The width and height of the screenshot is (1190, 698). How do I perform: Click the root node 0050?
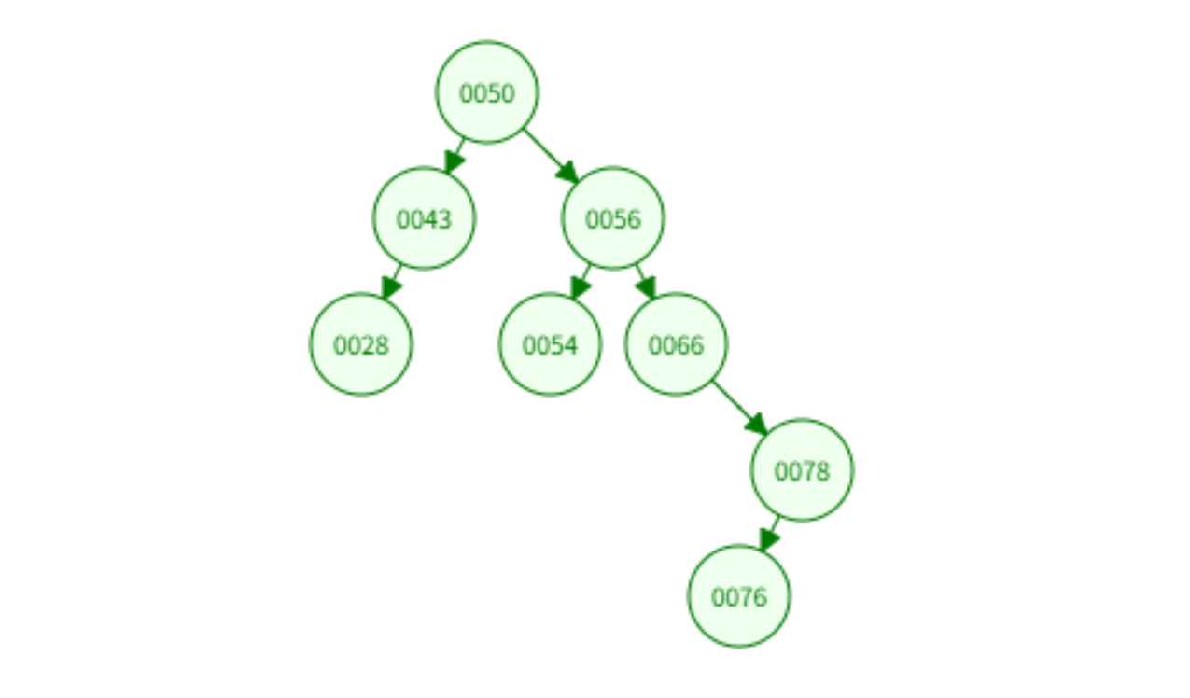coord(487,92)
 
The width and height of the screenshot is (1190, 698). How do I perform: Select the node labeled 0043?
coord(424,218)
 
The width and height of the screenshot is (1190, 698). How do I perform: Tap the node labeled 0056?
coord(613,218)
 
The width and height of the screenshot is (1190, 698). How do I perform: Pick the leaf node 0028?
coord(361,344)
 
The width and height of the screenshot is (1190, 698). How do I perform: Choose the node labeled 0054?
coord(550,344)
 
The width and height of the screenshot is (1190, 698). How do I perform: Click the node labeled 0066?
coord(676,344)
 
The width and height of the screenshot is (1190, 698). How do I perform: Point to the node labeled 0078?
coord(802,470)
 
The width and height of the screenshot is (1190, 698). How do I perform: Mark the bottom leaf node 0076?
coord(739,596)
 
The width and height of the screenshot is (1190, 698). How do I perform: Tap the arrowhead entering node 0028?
coord(389,288)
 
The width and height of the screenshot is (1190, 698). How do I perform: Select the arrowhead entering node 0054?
coord(579,288)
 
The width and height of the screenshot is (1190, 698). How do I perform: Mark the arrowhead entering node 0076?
coord(767,540)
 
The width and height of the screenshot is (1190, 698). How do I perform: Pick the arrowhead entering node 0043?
coord(452,163)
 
